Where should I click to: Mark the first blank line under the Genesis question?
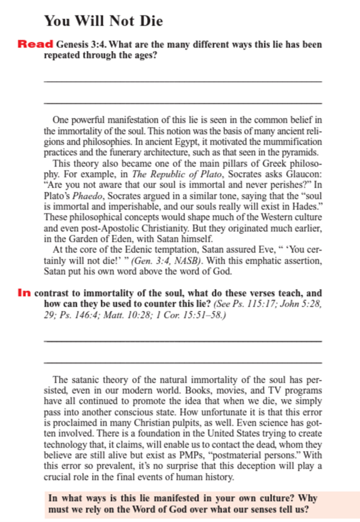point(182,82)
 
